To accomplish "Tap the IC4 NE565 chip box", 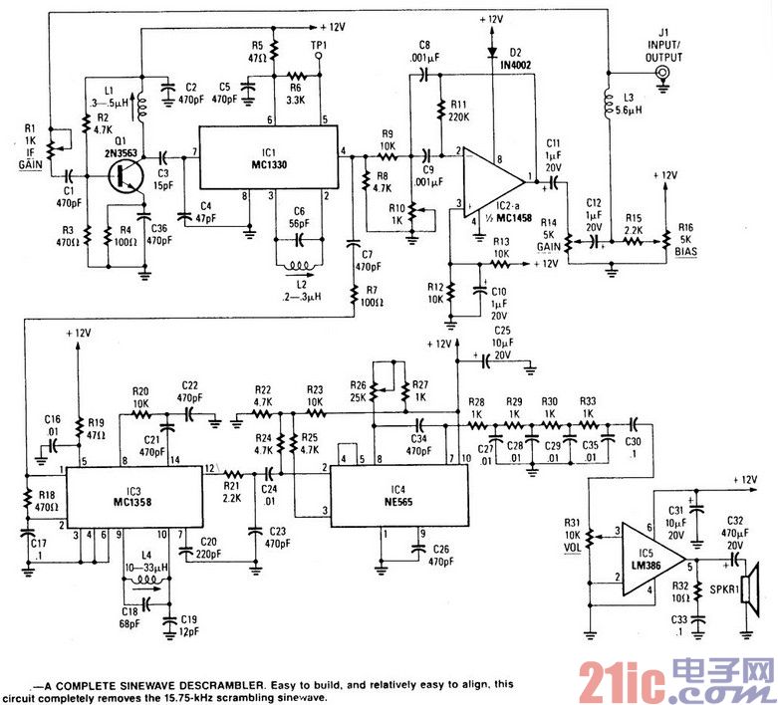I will tap(396, 495).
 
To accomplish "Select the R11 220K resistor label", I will tap(457, 109).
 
